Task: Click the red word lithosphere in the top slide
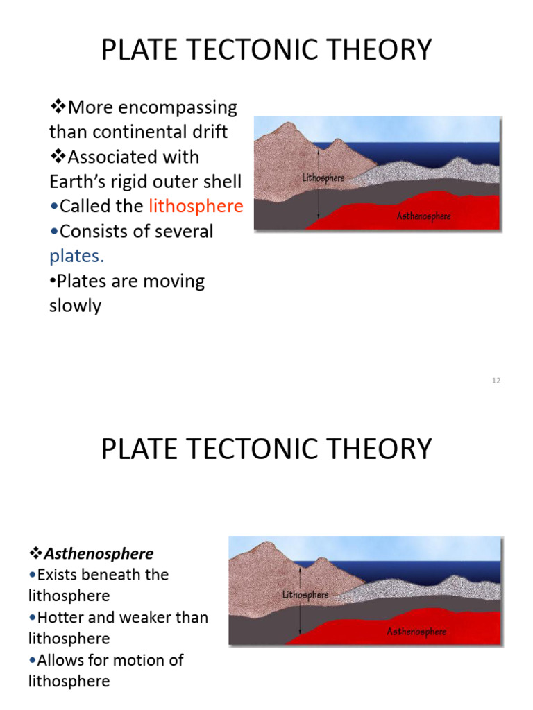(196, 207)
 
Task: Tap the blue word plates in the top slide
(76, 257)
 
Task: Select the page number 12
(496, 381)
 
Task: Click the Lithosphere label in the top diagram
(323, 178)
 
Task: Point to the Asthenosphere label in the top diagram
(423, 216)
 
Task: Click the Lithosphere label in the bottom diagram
(305, 595)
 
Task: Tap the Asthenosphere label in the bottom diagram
(416, 632)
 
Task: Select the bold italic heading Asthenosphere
(99, 553)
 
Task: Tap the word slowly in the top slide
(75, 306)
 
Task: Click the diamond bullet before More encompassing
(58, 107)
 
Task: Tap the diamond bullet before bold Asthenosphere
(36, 553)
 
